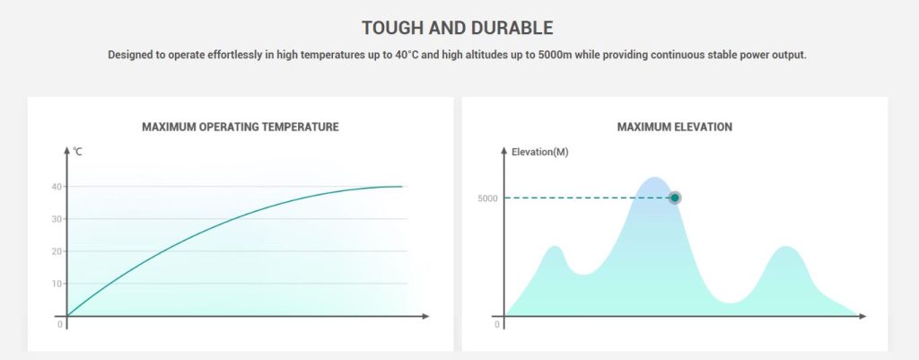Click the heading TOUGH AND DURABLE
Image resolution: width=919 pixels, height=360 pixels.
pos(458,28)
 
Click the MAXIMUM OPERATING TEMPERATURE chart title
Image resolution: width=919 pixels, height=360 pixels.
pos(241,127)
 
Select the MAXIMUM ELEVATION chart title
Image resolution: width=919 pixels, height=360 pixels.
pos(675,127)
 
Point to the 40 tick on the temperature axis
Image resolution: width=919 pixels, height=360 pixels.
pos(56,187)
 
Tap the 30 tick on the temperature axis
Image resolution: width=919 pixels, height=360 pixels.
pos(56,219)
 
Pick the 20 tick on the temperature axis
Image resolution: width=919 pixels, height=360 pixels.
pos(56,251)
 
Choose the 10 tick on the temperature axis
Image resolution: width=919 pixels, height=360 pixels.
pos(56,284)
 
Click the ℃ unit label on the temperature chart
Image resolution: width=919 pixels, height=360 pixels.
pos(78,152)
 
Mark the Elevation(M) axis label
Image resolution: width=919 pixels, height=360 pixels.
pos(539,152)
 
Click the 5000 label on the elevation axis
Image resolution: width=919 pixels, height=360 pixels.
pos(488,198)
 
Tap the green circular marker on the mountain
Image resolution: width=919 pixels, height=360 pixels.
pos(675,198)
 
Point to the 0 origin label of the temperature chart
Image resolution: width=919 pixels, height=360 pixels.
pos(60,324)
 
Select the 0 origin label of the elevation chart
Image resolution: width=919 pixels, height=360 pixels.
pos(496,324)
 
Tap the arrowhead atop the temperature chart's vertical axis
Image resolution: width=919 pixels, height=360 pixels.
pos(67,149)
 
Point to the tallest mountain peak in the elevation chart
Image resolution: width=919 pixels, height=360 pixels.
pos(654,179)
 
